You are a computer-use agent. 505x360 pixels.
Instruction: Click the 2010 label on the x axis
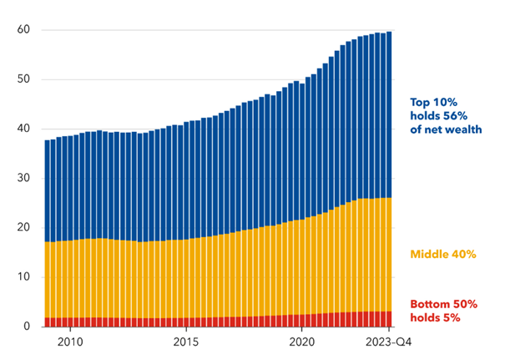click(69, 342)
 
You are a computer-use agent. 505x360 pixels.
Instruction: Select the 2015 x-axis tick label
click(185, 342)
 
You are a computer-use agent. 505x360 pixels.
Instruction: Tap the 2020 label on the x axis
click(301, 342)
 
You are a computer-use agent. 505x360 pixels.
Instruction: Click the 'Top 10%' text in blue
click(430, 103)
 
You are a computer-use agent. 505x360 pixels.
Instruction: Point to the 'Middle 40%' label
click(442, 253)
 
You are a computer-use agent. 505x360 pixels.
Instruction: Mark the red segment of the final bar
click(390, 318)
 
